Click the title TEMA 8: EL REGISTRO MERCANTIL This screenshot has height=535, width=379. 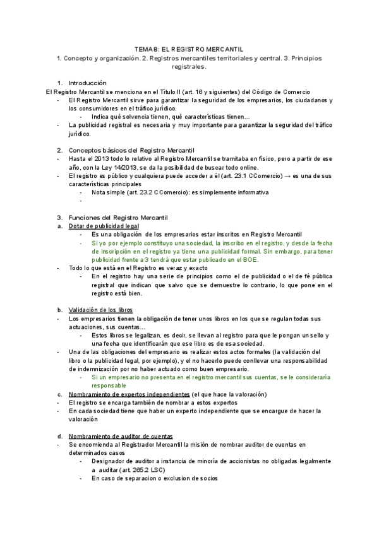click(x=189, y=49)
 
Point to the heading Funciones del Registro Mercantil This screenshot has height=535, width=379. click(x=117, y=218)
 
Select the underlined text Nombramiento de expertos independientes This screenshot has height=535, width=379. click(x=128, y=394)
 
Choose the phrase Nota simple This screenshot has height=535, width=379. click(x=108, y=192)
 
